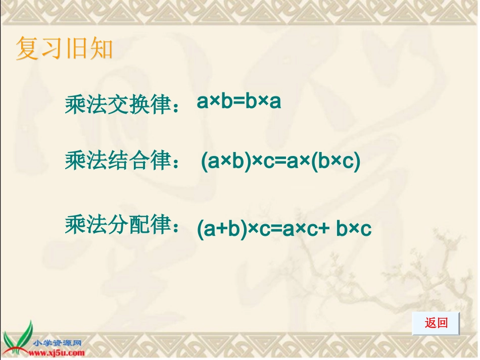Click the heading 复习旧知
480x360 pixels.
pyautogui.click(x=64, y=49)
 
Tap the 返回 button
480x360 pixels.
pyautogui.click(x=436, y=323)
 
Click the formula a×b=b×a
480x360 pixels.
pyautogui.click(x=238, y=102)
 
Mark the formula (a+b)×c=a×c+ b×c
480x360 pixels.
pyautogui.click(x=284, y=229)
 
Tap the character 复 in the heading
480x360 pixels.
pyautogui.click(x=27, y=49)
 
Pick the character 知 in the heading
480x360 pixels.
pyautogui.click(x=101, y=49)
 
